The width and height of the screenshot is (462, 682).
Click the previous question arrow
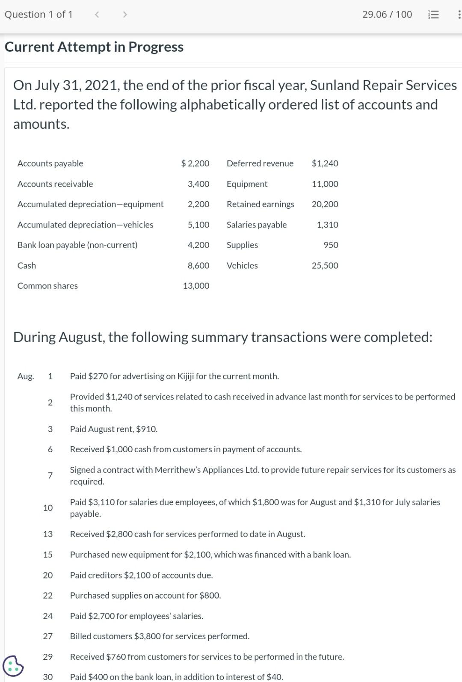click(97, 15)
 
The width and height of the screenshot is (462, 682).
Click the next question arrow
click(125, 15)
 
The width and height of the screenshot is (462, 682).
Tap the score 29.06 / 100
click(387, 15)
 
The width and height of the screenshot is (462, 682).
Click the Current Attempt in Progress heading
click(94, 47)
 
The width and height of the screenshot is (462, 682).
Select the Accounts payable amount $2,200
click(195, 163)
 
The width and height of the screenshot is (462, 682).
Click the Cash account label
click(27, 266)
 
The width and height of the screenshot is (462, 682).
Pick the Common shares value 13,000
click(196, 286)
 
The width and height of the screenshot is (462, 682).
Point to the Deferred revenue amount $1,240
click(325, 163)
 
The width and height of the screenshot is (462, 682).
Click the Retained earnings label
click(261, 204)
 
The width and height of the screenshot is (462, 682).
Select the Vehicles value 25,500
click(325, 266)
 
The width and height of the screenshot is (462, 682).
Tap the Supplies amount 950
click(331, 245)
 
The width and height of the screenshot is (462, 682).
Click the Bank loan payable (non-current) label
click(77, 245)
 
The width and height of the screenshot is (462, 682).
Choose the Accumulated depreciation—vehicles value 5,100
click(198, 225)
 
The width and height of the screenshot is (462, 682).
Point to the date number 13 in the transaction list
click(48, 534)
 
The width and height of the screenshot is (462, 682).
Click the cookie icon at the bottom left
click(13, 666)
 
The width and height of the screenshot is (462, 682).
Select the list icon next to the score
click(433, 15)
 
